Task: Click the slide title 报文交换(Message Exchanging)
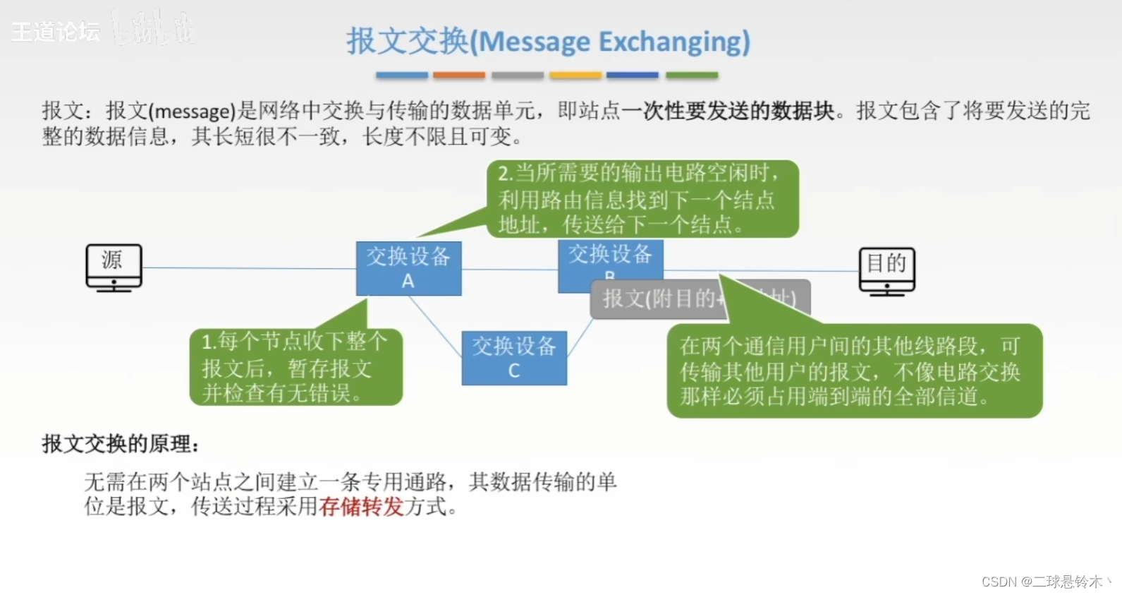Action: coord(548,42)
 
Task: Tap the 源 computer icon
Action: coord(114,267)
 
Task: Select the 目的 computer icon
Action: coord(886,270)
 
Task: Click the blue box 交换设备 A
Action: coord(408,268)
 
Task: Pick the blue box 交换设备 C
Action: coord(514,358)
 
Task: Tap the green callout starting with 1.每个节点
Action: coord(295,367)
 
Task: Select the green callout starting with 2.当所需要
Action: coord(642,199)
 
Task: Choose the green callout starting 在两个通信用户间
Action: coord(854,371)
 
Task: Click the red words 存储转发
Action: coord(361,506)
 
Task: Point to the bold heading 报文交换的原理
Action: coord(121,444)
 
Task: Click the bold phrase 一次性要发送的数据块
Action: coord(728,111)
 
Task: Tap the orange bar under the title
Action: coord(459,75)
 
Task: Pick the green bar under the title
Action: coord(692,75)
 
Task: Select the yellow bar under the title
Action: coord(575,75)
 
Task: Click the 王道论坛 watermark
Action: coord(56,32)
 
